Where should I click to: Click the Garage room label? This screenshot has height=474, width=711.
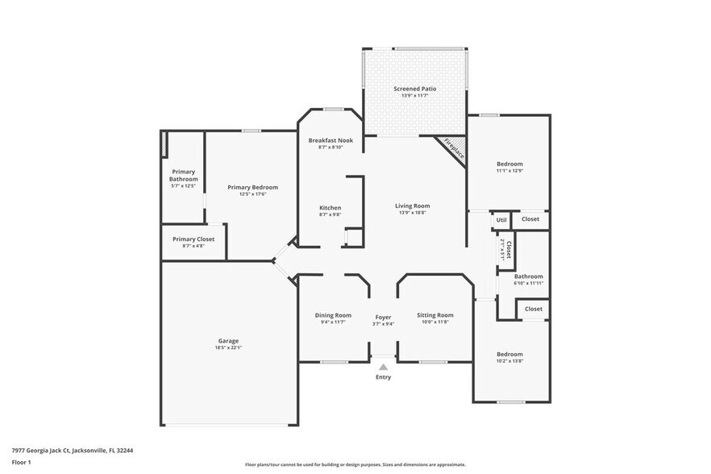click(227, 341)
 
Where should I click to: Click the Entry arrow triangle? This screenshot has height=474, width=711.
click(383, 366)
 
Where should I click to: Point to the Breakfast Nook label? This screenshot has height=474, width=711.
click(331, 140)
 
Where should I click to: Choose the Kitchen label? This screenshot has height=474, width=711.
click(331, 207)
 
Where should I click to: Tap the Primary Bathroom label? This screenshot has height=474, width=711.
click(183, 175)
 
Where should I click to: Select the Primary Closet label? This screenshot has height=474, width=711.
click(193, 239)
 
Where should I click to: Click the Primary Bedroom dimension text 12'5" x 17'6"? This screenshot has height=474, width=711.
click(252, 194)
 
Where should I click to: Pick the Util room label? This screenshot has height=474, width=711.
click(501, 219)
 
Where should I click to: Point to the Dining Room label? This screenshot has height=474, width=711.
click(333, 315)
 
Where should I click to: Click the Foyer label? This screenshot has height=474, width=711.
click(383, 318)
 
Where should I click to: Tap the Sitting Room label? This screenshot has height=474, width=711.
click(434, 315)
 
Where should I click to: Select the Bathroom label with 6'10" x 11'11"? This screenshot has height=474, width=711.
click(529, 276)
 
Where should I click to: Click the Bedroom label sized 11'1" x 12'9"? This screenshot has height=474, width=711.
click(509, 164)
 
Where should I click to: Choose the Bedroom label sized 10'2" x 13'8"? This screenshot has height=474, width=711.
click(509, 355)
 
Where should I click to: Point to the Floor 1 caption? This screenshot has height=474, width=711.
click(22, 462)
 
